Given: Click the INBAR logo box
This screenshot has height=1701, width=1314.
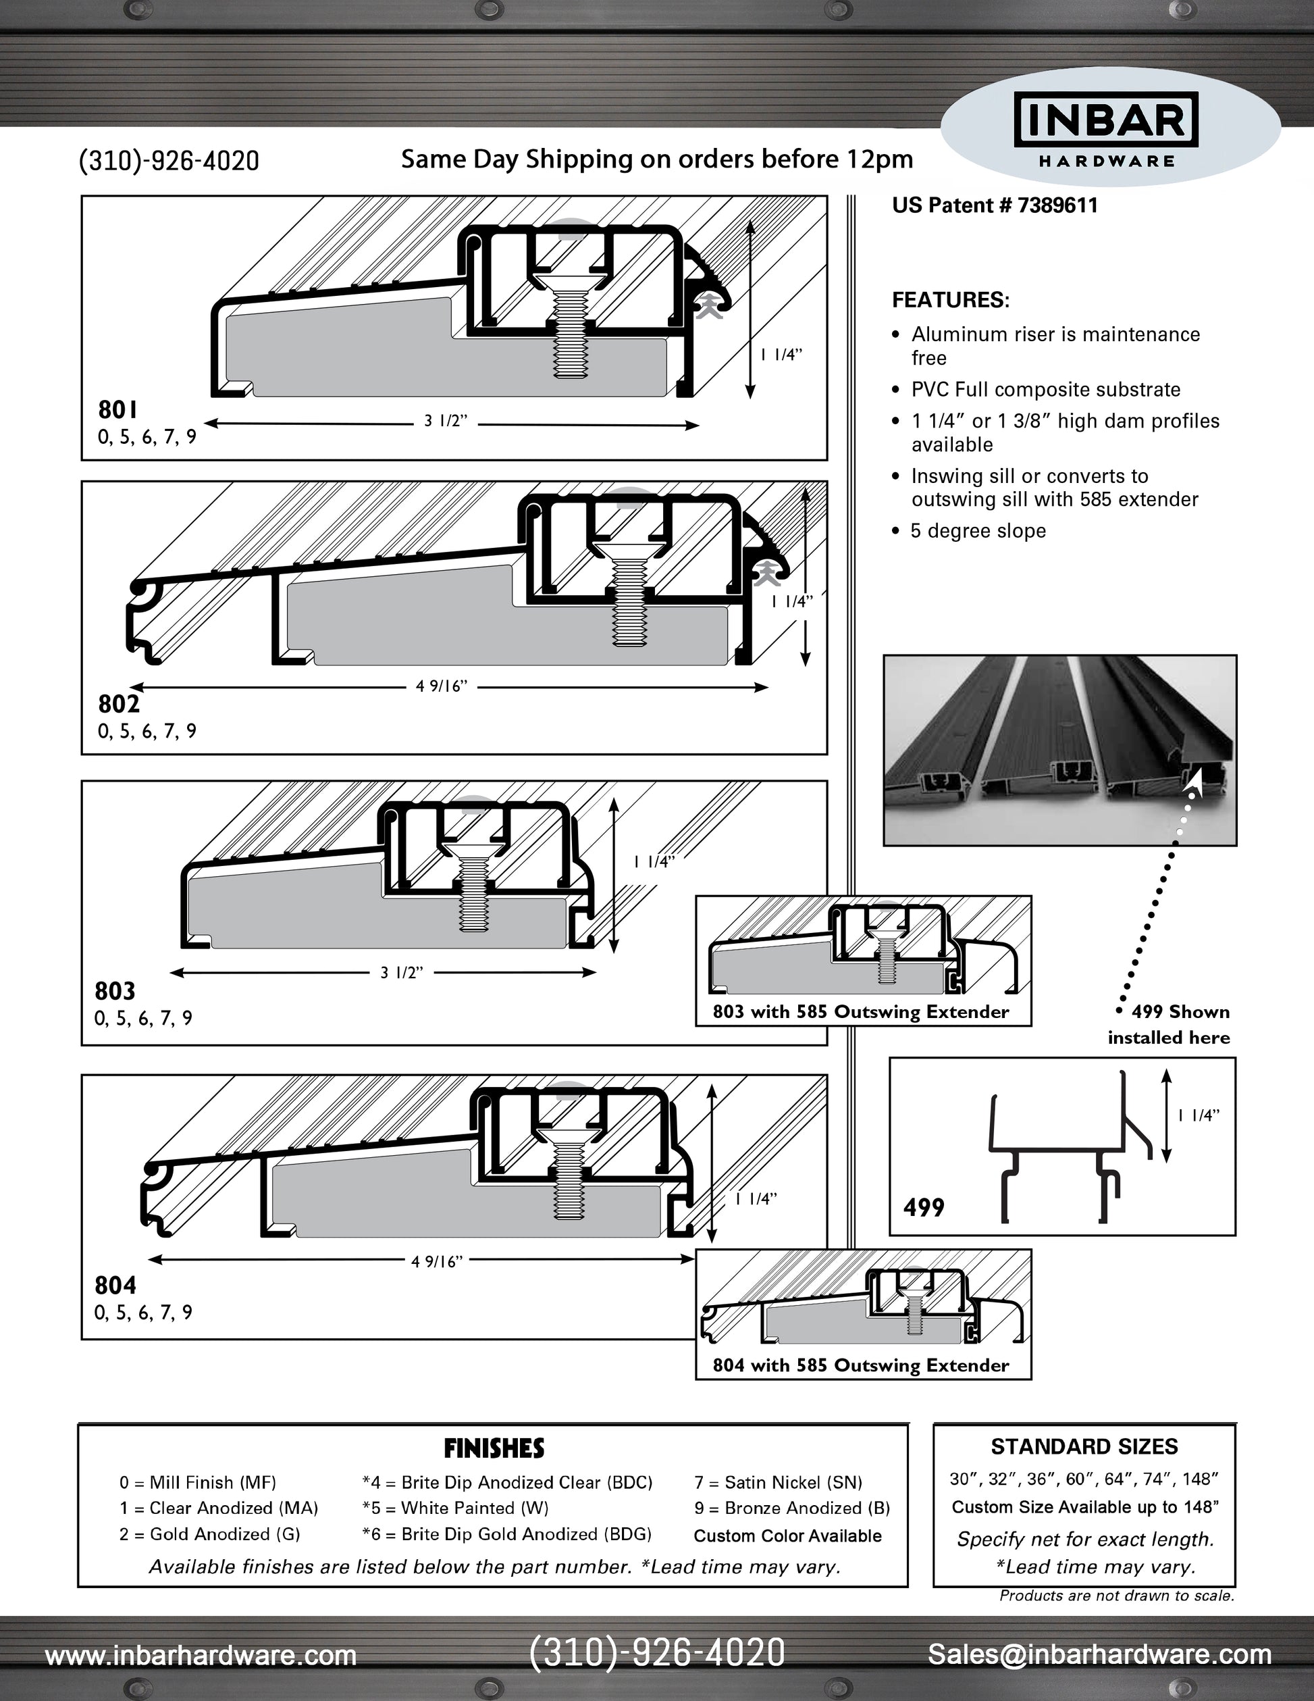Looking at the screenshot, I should [1106, 119].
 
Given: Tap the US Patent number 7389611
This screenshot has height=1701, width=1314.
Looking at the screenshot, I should [994, 205].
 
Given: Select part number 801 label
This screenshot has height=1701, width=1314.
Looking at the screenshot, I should [117, 409].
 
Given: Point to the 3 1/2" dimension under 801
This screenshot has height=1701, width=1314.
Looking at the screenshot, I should [445, 422].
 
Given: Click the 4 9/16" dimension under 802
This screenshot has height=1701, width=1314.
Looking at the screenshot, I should [442, 686].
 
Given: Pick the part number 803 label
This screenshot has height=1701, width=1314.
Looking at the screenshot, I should [115, 991].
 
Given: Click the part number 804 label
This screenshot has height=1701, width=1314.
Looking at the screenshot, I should [115, 1285].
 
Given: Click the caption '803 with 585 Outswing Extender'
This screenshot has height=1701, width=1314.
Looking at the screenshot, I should [860, 1012].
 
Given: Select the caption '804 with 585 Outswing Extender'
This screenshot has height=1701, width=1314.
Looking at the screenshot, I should [860, 1365].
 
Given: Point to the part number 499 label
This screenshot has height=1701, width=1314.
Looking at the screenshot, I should [923, 1207].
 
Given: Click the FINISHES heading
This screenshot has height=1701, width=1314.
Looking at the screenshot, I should [494, 1448].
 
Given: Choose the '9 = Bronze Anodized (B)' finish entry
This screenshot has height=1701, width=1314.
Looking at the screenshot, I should [791, 1508].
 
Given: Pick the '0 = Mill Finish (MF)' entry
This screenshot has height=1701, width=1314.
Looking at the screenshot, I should [198, 1482].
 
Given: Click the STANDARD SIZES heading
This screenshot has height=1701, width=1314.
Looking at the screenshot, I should [1084, 1446].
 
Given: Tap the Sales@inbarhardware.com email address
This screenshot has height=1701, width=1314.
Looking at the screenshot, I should [1099, 1654].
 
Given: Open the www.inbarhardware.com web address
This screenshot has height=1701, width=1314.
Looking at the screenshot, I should [201, 1655].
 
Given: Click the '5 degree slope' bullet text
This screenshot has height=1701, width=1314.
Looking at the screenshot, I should [978, 531].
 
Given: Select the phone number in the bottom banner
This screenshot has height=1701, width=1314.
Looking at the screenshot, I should [657, 1653].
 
